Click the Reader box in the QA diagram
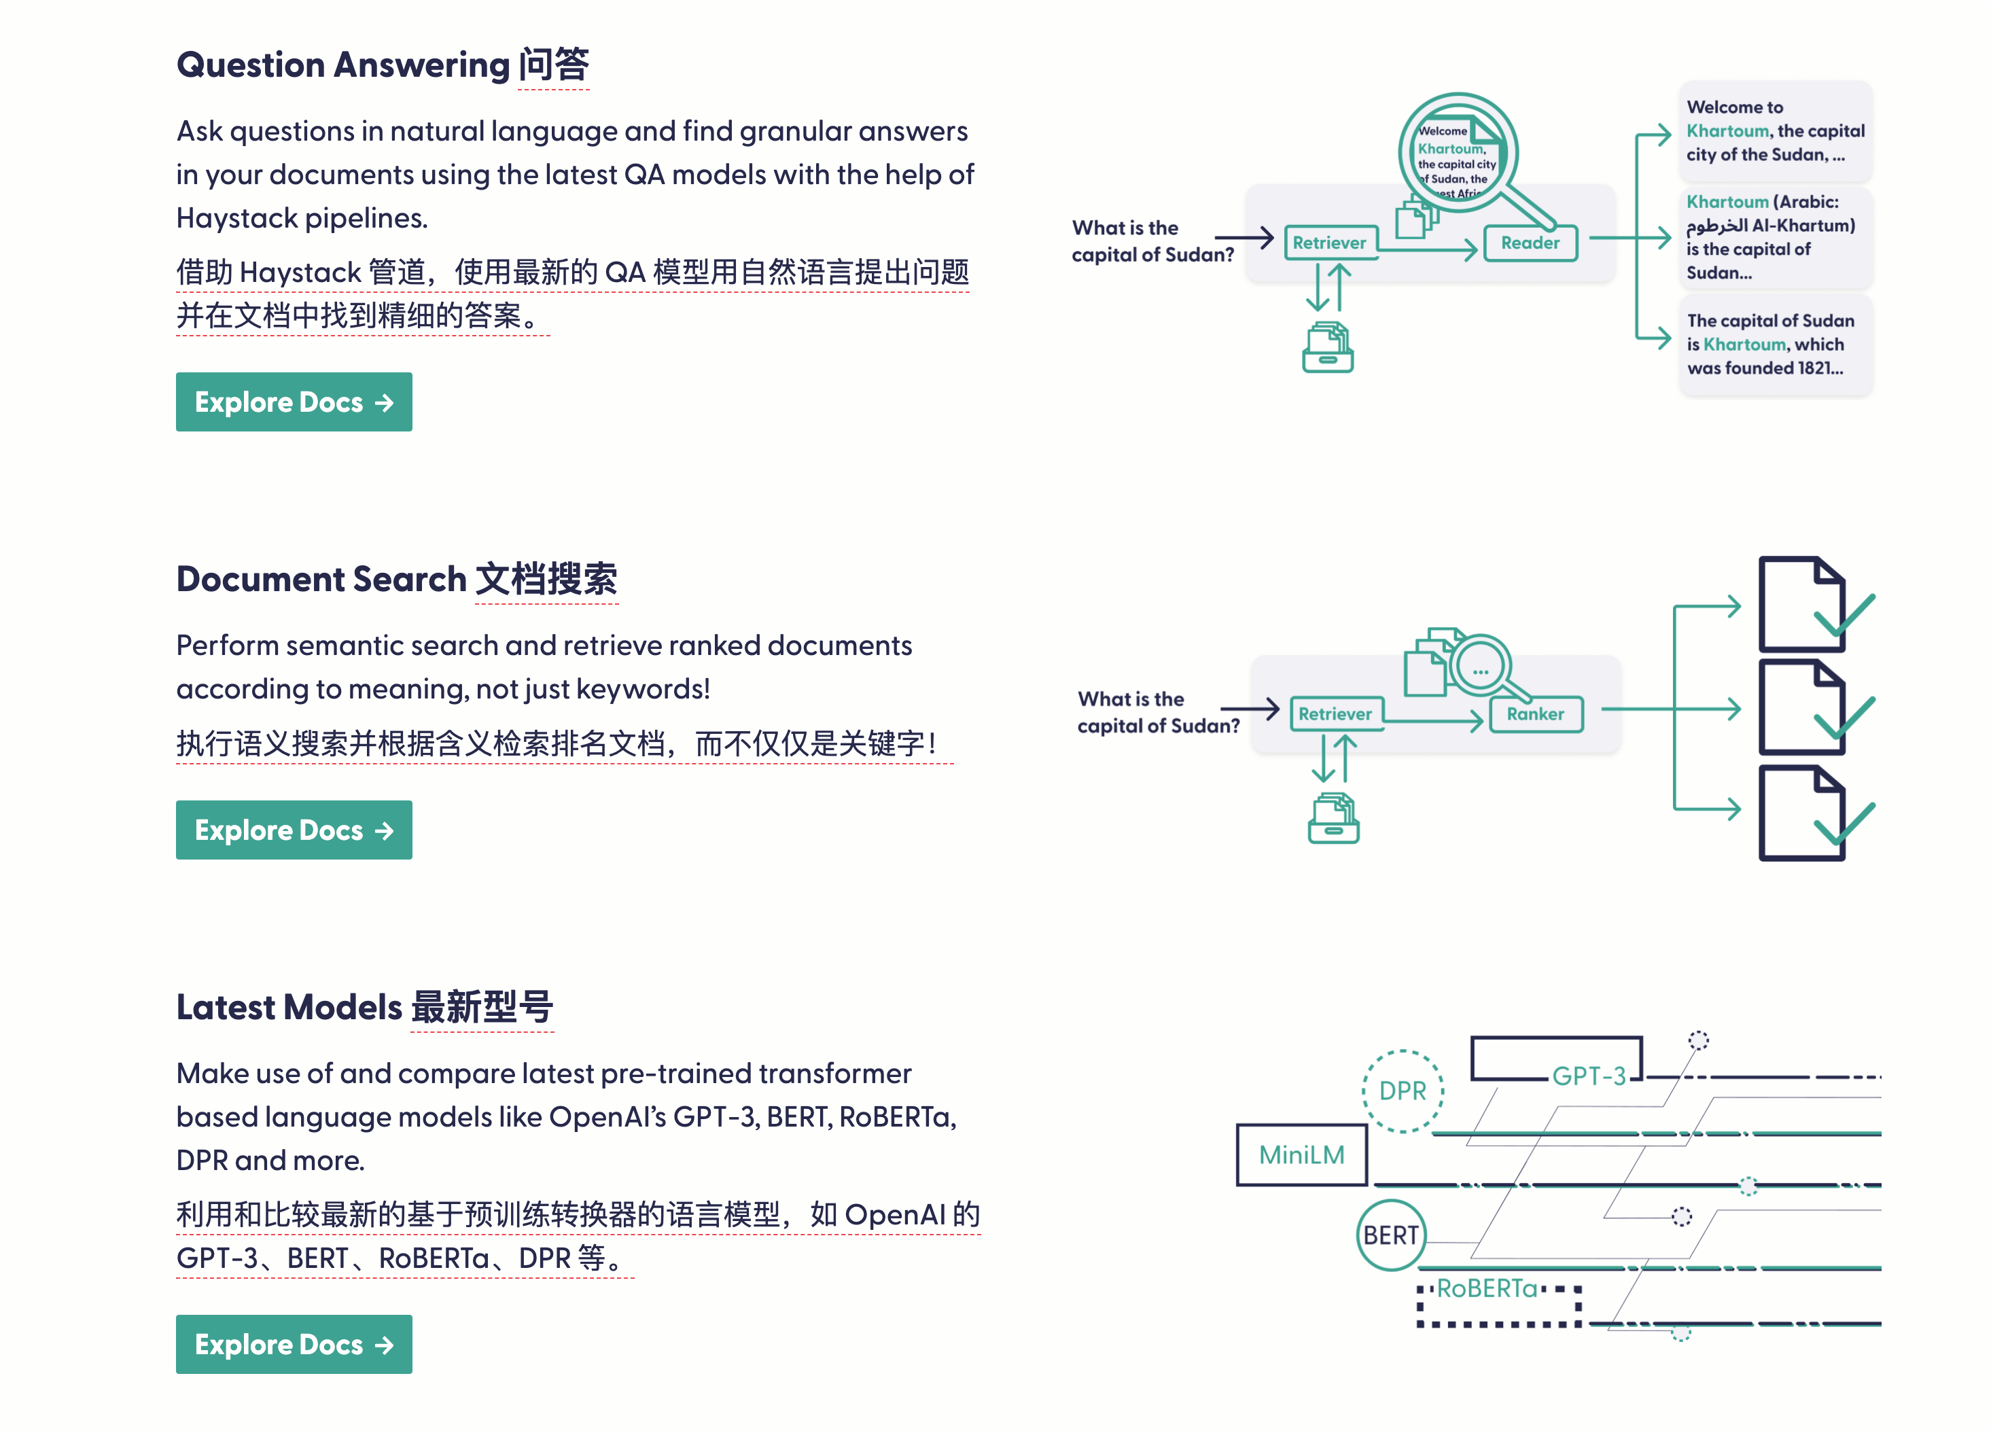(1530, 243)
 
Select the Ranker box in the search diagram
(1536, 713)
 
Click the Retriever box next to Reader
(1329, 243)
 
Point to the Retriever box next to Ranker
(1335, 713)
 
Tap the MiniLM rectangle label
(1302, 1154)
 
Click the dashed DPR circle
(1402, 1091)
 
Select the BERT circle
(1390, 1235)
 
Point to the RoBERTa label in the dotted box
(1487, 1289)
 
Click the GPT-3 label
(1589, 1076)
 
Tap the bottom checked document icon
(1804, 813)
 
